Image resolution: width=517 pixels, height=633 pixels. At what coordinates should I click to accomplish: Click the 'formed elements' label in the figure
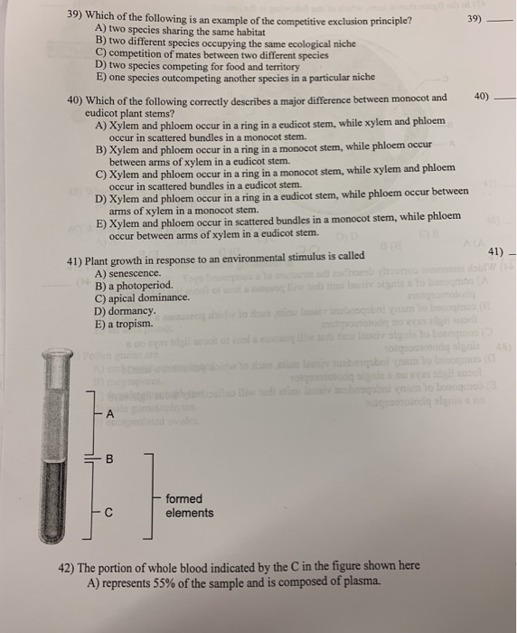coord(190,505)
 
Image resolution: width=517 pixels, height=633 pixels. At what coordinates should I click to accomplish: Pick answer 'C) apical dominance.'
coord(143,298)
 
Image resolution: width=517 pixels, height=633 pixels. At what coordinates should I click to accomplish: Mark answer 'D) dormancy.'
coord(126,310)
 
